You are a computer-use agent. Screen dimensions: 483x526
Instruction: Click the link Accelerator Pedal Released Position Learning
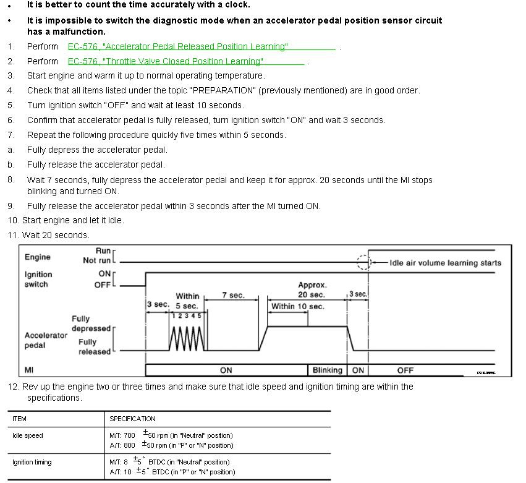tap(178, 46)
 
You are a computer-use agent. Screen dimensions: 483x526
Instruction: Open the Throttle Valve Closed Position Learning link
tap(166, 61)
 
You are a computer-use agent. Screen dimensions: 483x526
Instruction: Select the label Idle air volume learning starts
tap(446, 263)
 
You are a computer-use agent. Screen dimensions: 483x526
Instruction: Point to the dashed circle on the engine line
tap(364, 262)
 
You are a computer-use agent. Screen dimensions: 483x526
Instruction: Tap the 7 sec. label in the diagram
tap(233, 296)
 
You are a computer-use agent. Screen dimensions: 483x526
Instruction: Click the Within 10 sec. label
tap(297, 307)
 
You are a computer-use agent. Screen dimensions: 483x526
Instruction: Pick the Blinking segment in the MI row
tap(327, 370)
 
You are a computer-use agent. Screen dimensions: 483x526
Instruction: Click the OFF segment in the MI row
tap(405, 370)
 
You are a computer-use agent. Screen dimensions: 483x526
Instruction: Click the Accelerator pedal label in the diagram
tap(46, 340)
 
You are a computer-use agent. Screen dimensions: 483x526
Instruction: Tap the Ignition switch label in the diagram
tap(38, 279)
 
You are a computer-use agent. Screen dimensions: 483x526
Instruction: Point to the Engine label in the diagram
tap(38, 257)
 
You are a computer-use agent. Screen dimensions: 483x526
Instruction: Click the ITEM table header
tap(20, 419)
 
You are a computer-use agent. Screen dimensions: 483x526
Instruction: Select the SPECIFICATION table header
tap(132, 419)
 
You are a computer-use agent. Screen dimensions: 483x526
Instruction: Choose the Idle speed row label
tap(28, 435)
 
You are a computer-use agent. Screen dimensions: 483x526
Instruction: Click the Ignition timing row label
tap(32, 462)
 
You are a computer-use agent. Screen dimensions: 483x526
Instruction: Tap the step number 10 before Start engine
tap(13, 220)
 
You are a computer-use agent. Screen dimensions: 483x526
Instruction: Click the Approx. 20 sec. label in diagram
tap(312, 290)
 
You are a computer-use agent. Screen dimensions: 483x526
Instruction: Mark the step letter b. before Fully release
tap(11, 165)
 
